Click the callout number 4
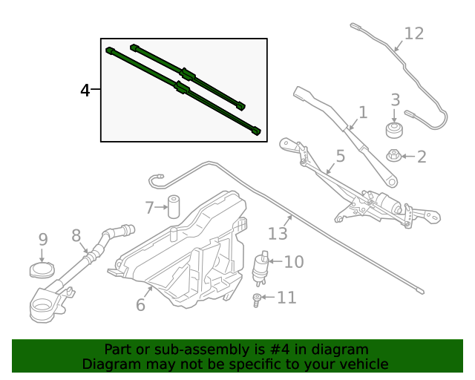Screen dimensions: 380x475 85,91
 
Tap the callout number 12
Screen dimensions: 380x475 413,33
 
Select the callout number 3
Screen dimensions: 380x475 395,100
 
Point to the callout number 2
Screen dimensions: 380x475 422,157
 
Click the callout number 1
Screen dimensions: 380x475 362,112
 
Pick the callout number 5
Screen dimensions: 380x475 340,157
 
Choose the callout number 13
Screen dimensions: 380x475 278,233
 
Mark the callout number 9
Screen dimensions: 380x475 43,239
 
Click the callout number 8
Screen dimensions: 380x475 76,235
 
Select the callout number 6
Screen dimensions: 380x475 140,304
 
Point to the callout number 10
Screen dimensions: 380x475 294,261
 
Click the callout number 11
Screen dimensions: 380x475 286,298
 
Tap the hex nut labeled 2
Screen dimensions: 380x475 394,156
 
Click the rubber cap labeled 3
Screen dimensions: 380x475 395,131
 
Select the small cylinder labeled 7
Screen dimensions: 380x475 175,206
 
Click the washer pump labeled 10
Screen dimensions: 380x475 261,267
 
